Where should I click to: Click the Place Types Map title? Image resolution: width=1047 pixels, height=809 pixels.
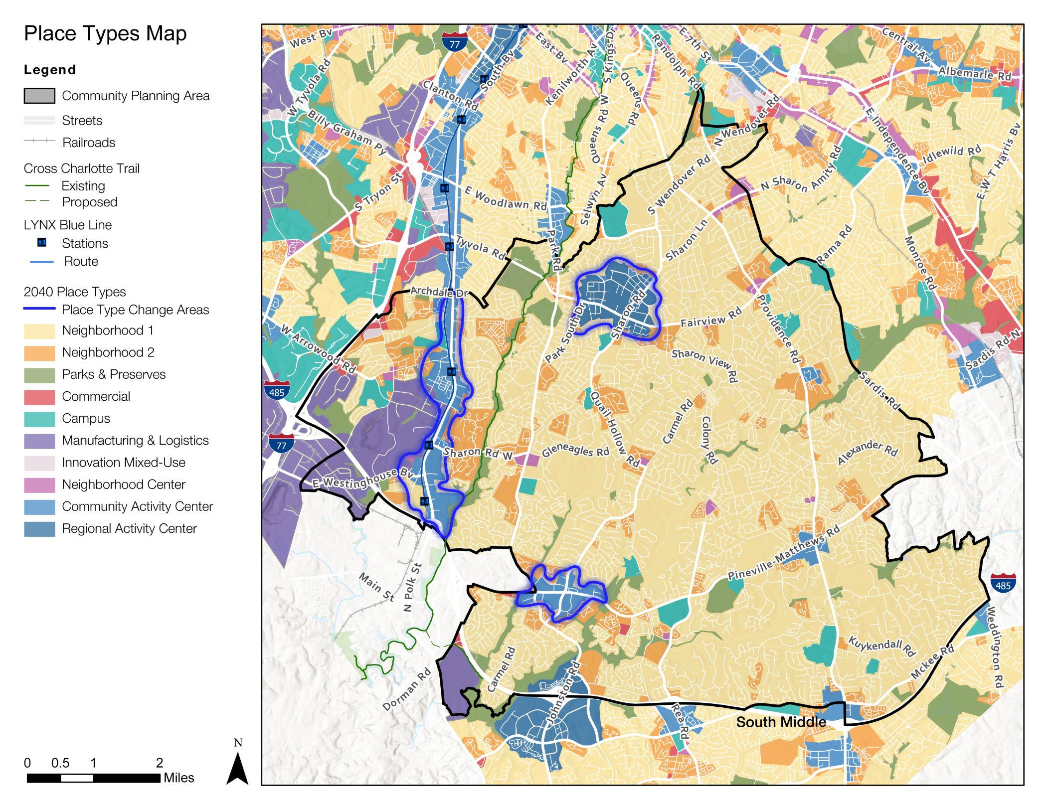tap(105, 34)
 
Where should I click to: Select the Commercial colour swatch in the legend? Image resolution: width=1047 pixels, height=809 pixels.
tap(39, 397)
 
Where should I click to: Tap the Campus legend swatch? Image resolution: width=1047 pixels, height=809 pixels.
tap(39, 419)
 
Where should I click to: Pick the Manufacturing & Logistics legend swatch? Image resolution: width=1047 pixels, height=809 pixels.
tap(39, 441)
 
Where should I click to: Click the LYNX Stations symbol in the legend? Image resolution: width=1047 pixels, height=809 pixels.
tap(42, 243)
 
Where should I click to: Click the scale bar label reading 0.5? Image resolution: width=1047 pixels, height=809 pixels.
tap(60, 763)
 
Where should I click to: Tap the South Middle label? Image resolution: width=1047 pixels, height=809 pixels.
tap(781, 722)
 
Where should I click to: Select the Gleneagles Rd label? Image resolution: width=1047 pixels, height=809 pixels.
tap(575, 450)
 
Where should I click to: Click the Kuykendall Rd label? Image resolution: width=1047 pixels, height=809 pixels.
tap(881, 647)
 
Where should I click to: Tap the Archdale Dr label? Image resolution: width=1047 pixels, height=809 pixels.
tap(439, 292)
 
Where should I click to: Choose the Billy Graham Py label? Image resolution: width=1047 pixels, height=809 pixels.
tap(347, 132)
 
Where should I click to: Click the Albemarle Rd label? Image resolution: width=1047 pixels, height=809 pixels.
tap(974, 74)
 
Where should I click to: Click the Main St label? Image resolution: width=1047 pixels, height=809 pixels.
tap(377, 587)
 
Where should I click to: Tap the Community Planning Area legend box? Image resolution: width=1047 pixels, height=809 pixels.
tap(39, 96)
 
